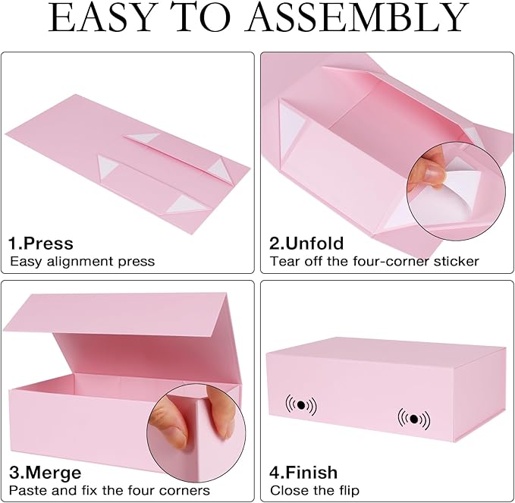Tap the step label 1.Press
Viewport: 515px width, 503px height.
point(41,244)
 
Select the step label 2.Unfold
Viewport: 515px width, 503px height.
point(306,244)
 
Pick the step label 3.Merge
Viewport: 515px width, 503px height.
point(45,473)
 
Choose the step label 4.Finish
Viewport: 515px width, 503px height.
point(305,473)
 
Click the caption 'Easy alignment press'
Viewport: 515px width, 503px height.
point(82,262)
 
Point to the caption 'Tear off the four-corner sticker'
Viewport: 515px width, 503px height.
point(375,262)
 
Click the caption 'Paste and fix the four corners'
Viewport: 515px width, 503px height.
point(109,491)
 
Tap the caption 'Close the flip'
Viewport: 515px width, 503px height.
point(315,491)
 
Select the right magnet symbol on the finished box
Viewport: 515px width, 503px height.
point(413,418)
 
